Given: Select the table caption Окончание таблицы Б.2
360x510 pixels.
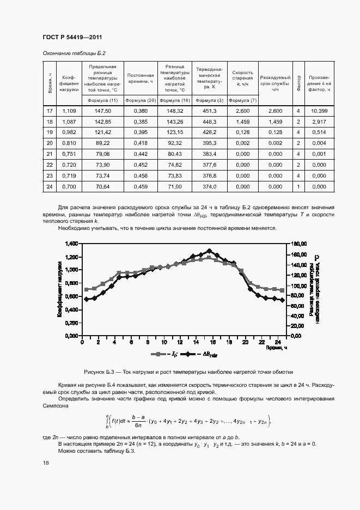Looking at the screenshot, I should pos(74,53).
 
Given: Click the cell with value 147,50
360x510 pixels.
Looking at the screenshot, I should pos(102,111).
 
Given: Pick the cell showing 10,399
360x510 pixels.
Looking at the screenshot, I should pos(319,111).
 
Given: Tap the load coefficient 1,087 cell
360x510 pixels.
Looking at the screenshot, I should pos(69,122).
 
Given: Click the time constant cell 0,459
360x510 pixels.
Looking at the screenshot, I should pos(141,187).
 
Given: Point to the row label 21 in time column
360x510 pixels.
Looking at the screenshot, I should pos(50,154).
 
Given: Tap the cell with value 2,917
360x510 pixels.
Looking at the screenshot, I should pos(319,122).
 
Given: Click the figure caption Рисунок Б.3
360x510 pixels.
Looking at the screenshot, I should pos(188,372).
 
